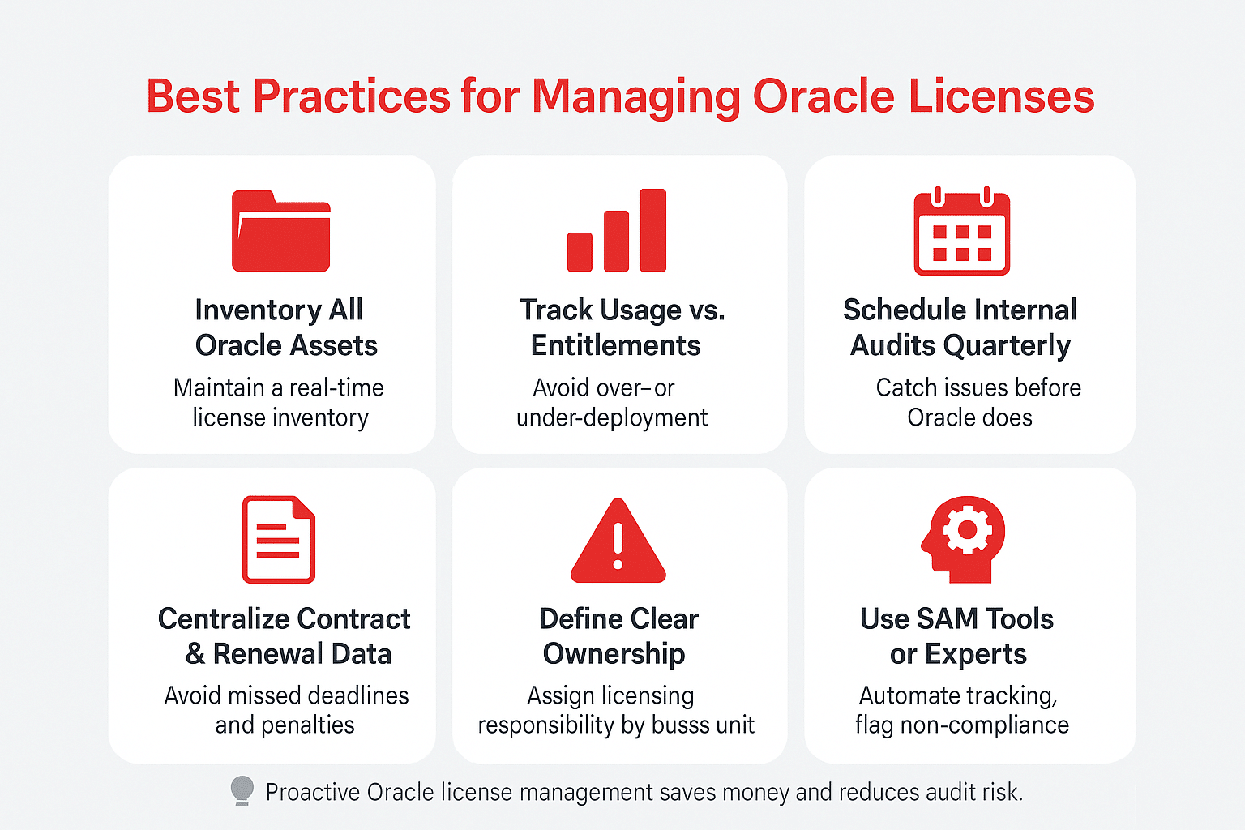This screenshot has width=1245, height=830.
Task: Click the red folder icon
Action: [x=280, y=232]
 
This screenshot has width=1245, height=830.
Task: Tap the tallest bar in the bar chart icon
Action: [x=652, y=230]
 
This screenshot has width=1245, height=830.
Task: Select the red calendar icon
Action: [x=961, y=233]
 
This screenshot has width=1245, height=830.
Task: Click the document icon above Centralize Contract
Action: [x=278, y=540]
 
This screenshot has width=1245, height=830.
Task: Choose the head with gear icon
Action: [x=963, y=539]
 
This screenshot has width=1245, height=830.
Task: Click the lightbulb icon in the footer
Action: [x=242, y=789]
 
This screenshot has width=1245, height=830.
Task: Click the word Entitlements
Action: [x=615, y=346]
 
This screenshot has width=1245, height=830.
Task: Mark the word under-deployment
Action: [x=612, y=418]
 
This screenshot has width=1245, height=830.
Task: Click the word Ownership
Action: [x=614, y=654]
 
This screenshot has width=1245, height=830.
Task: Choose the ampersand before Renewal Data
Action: [x=195, y=654]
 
